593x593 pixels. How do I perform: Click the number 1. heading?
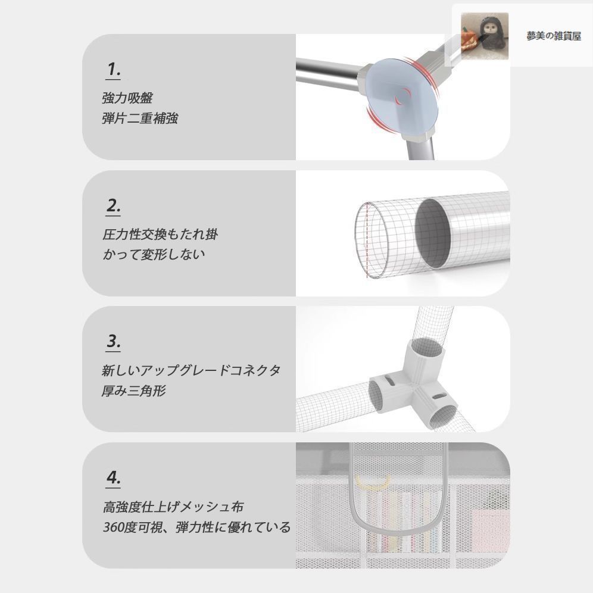point(114,70)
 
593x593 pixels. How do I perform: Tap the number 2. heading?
point(114,206)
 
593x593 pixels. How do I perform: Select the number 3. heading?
point(114,342)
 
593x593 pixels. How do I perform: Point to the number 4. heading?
point(114,477)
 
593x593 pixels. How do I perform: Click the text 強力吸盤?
point(127,98)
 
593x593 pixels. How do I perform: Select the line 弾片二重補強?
point(140,118)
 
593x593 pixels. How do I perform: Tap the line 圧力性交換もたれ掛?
point(160,235)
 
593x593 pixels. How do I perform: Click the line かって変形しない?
point(154,254)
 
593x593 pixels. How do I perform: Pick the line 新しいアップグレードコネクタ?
point(191,370)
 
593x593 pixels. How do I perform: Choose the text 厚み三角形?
point(134,391)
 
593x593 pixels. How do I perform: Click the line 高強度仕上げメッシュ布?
point(173,507)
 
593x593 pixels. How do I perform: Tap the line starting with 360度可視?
point(196,527)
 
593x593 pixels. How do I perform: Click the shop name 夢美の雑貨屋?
point(554,36)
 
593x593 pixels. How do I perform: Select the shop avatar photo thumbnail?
point(485,36)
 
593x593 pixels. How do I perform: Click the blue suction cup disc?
point(402,97)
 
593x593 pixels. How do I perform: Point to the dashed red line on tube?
point(367,241)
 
